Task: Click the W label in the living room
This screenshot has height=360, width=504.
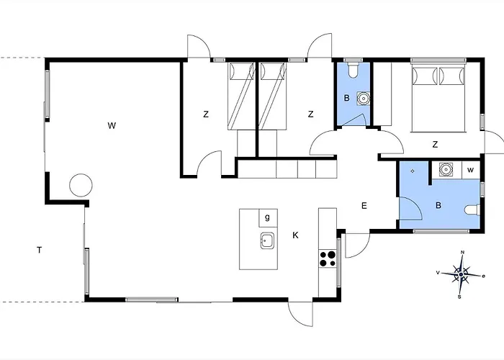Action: point(112,126)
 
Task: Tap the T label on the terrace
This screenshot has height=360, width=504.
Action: point(39,250)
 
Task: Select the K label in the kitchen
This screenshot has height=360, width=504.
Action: point(295,235)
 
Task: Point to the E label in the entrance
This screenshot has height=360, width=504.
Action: point(364,206)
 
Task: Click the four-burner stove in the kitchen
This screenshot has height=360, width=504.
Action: point(328,258)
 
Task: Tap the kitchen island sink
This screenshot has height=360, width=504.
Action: point(267,240)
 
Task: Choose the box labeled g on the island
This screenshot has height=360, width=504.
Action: point(268,218)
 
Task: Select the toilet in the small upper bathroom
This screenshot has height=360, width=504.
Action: point(354,70)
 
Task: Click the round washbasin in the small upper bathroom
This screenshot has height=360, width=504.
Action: point(363,99)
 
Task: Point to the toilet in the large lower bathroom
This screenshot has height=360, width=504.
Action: point(472,210)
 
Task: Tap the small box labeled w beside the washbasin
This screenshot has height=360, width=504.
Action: point(471,170)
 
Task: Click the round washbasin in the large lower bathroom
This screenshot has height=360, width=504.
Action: point(445,169)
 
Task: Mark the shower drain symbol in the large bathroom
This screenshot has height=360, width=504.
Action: point(413,171)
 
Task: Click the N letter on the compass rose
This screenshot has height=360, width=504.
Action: point(463,252)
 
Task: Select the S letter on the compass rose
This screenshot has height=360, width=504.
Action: point(459,297)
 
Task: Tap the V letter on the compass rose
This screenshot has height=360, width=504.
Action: point(438,273)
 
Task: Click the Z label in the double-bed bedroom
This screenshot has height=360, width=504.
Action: point(435,145)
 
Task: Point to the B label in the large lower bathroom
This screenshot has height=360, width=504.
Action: point(438,205)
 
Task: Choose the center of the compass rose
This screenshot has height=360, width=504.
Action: point(461,274)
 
